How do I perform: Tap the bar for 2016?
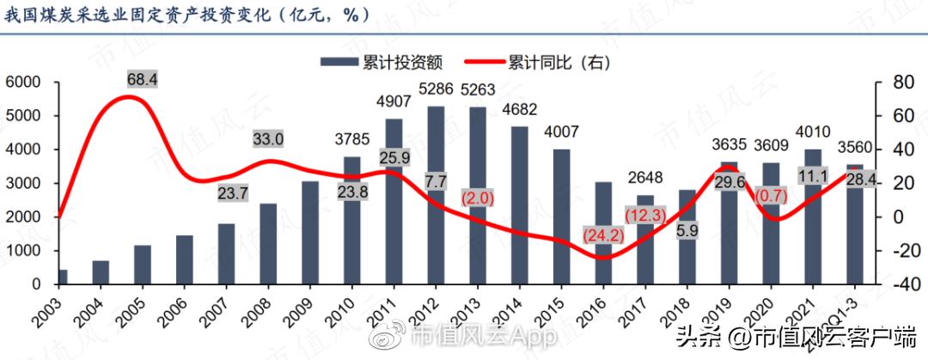point(604,233)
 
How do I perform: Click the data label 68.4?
point(143,79)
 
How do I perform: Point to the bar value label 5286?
point(436,88)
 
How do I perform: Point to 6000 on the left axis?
point(23,82)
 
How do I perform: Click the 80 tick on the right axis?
point(896,82)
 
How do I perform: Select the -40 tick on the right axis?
point(896,284)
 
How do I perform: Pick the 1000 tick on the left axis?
point(23,251)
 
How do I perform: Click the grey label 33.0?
point(269,139)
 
